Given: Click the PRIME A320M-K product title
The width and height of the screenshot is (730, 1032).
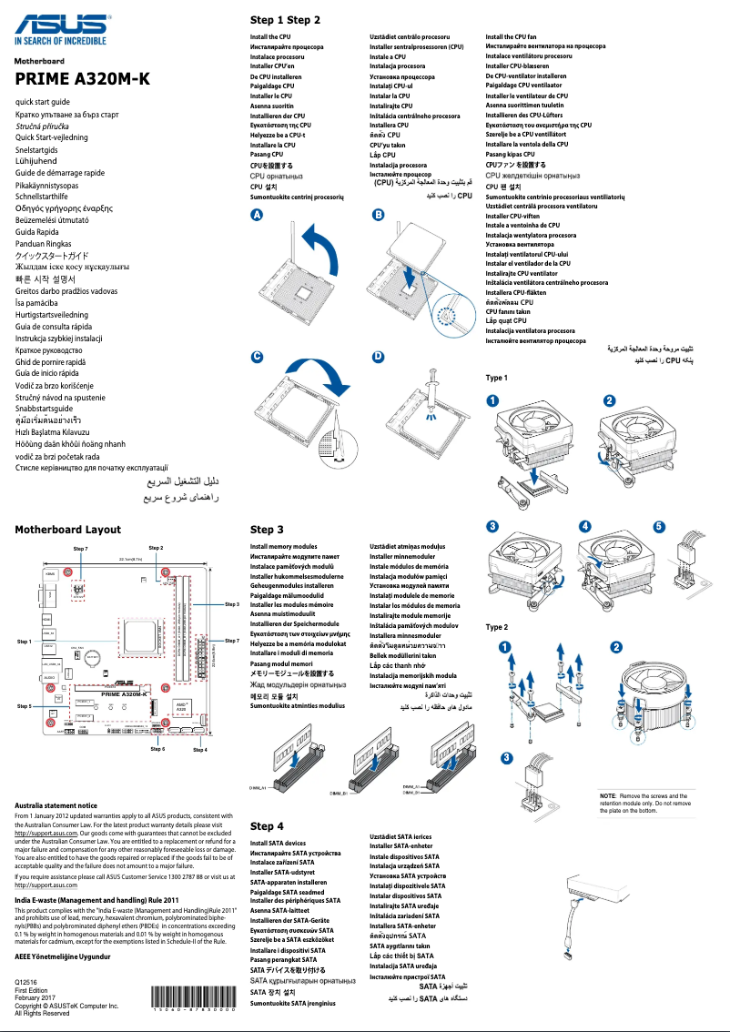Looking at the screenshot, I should [x=82, y=79].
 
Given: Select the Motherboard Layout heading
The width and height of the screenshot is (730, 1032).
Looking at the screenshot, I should [x=67, y=529].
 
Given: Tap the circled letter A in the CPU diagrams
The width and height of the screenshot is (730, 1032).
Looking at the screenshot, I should [x=258, y=214].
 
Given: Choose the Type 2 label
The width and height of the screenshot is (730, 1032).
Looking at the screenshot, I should [x=497, y=627].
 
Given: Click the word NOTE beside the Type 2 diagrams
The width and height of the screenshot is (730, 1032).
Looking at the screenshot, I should [x=608, y=796].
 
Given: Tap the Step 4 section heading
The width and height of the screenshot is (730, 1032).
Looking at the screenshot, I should [x=267, y=825].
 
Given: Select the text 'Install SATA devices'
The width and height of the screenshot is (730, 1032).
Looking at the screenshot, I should [x=278, y=844].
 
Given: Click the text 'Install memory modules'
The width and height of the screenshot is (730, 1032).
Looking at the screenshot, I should [x=283, y=546].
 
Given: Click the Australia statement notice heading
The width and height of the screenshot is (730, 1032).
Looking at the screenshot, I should [x=56, y=805].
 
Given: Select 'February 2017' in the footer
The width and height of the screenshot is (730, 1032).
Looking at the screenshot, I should [x=36, y=998].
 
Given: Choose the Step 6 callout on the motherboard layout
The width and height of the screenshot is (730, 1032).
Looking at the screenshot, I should [x=157, y=748].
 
